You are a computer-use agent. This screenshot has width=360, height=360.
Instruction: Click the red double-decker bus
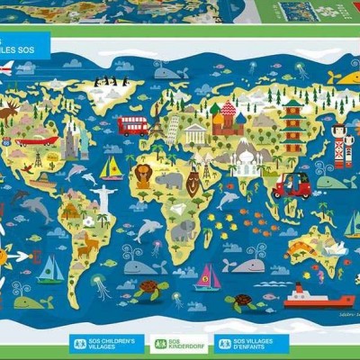(132, 125)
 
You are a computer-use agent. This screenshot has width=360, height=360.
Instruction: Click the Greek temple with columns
(195, 135)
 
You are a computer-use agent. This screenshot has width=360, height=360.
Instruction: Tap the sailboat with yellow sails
(112, 167)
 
